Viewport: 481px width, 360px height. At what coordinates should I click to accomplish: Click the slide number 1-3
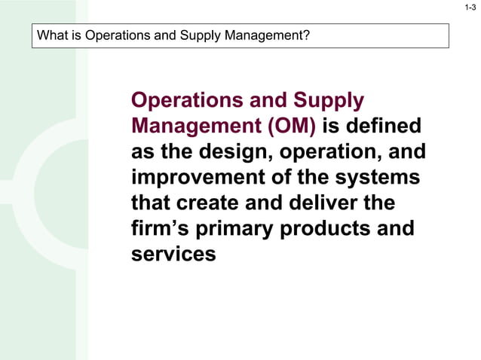click(x=470, y=8)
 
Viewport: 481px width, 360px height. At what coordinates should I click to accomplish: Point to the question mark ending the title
click(x=307, y=35)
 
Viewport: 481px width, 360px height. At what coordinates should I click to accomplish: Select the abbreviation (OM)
click(x=287, y=126)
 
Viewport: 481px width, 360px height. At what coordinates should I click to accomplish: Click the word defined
click(x=385, y=126)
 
